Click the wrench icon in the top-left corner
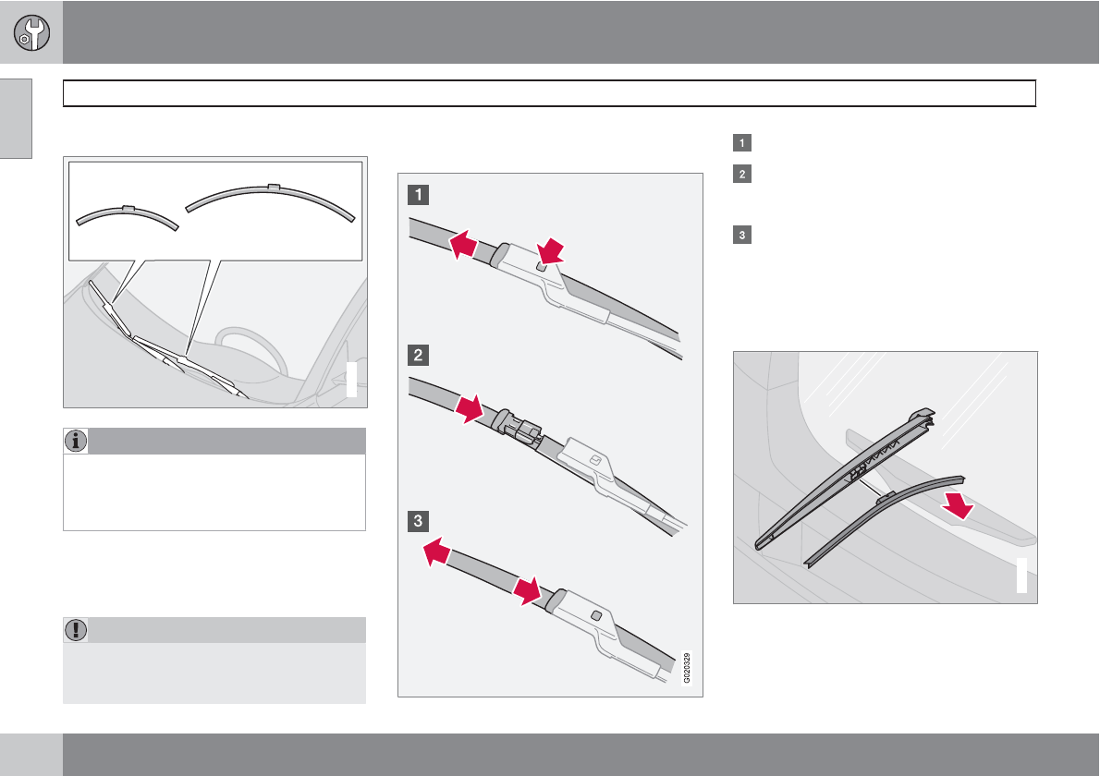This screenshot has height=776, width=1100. (31, 33)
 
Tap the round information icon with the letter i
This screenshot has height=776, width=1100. (76, 441)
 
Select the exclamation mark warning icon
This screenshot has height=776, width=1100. (76, 629)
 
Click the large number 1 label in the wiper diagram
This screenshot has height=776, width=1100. (418, 194)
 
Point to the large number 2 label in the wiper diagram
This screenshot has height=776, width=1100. (418, 355)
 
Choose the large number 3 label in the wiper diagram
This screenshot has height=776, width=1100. (418, 521)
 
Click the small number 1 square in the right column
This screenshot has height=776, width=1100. (742, 143)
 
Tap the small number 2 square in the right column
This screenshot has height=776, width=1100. (742, 174)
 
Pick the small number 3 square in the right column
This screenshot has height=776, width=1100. (742, 234)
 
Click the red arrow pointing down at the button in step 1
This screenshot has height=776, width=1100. (551, 251)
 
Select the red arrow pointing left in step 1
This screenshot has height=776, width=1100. (463, 246)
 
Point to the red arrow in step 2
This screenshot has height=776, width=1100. (470, 409)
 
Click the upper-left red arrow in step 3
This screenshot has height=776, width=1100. (437, 551)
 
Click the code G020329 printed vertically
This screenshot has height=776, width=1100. (687, 667)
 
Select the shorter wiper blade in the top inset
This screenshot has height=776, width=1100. (127, 216)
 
